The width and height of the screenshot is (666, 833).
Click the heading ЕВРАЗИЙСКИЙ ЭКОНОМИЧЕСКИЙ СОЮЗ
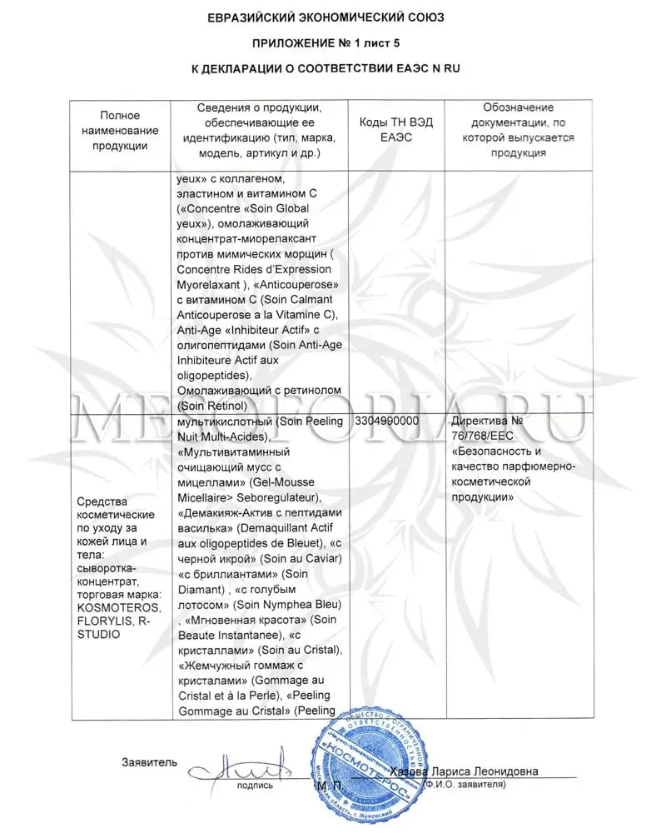click(332, 16)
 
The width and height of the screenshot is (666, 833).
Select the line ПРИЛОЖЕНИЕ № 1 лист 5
click(332, 42)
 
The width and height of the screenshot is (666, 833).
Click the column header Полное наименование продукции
click(120, 131)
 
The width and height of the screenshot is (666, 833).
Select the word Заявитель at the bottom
click(150, 761)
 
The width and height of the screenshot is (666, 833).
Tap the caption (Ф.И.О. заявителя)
click(464, 785)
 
